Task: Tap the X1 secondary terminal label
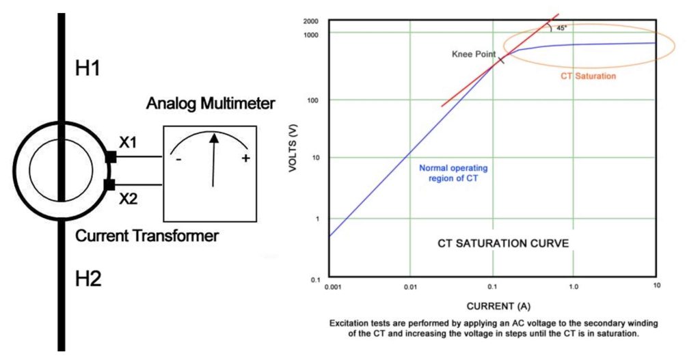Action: (129, 143)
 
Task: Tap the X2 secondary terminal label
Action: (129, 199)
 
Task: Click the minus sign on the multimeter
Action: (178, 160)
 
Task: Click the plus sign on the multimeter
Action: (244, 159)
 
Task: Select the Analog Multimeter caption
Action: (211, 104)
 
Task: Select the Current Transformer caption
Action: (147, 236)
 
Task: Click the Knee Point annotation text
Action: (473, 54)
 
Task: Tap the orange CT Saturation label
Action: (589, 76)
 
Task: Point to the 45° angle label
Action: (561, 28)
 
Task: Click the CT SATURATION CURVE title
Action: (503, 243)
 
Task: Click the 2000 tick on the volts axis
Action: (311, 21)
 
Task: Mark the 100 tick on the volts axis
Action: (314, 100)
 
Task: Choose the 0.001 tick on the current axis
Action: (333, 288)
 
